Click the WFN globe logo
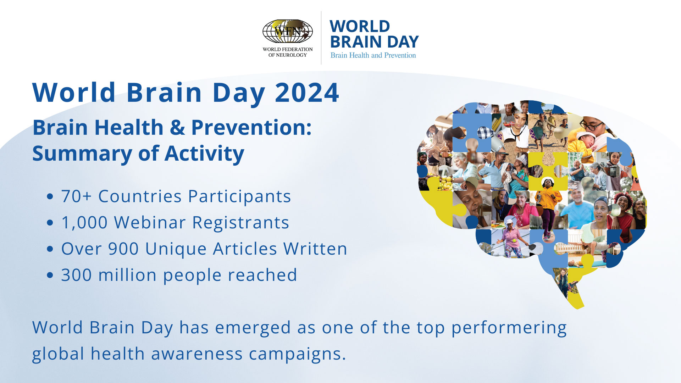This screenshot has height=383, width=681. click(287, 31)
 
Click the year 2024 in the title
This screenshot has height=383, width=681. click(307, 93)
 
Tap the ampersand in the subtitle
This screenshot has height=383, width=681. click(177, 128)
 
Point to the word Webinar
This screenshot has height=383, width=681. click(150, 222)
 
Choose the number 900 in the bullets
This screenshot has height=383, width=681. click(123, 249)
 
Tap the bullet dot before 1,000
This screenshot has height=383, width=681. click(50, 223)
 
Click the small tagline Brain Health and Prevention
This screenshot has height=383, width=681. click(373, 55)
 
